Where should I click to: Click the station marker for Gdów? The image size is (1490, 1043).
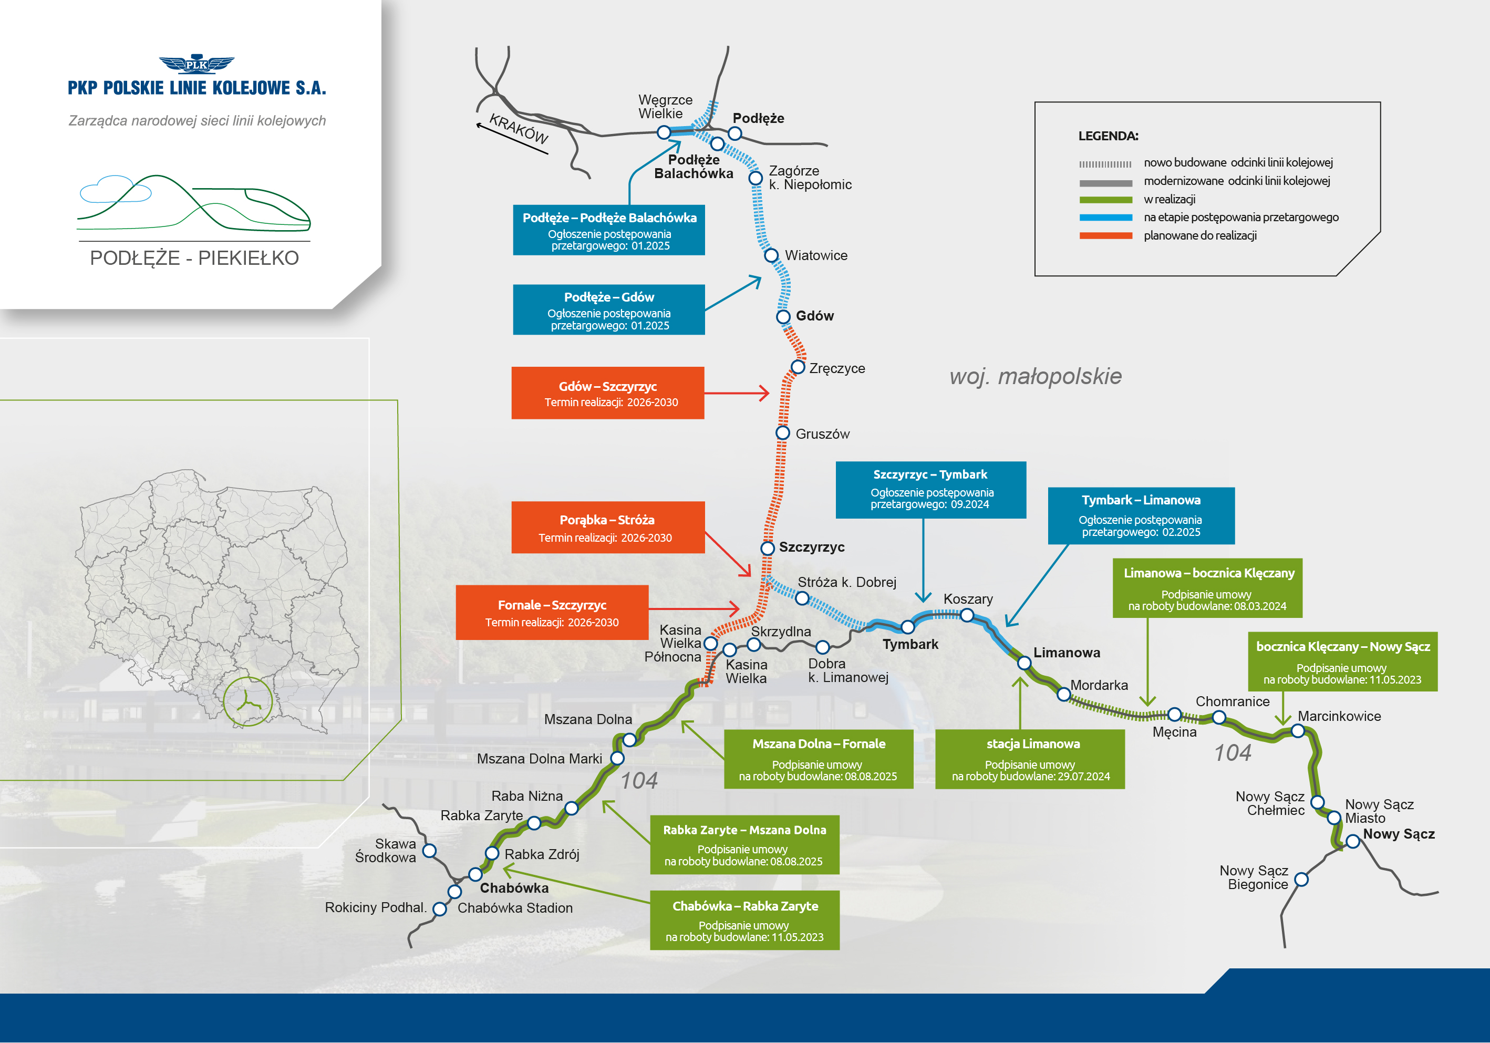coord(783,317)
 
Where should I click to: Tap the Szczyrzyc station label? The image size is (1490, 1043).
coord(811,547)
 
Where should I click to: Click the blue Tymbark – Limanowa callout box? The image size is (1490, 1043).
coord(1141,515)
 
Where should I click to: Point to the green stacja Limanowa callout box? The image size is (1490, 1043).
coord(1030,759)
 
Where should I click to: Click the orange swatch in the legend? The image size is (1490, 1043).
coord(1105,235)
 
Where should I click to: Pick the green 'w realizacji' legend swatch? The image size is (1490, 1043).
coord(1105,200)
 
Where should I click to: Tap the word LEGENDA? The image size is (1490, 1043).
coord(1108,136)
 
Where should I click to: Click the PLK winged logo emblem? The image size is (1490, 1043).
coord(196,64)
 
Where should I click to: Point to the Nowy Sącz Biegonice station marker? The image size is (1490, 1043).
coord(1301,880)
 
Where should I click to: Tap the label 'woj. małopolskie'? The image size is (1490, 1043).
coord(1035,376)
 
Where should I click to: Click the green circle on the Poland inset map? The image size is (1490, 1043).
coord(248,701)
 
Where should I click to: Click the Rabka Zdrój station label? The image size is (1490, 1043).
coord(542,855)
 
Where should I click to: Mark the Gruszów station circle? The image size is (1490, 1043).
coord(783,433)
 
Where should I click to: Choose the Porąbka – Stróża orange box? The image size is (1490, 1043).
coord(607,528)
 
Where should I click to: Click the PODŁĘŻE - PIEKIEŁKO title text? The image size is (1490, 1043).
coord(194,259)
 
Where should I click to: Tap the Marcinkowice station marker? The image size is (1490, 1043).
coord(1297,731)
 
